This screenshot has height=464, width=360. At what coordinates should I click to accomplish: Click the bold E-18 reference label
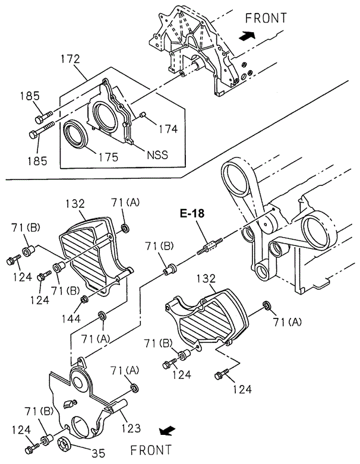coord(192,213)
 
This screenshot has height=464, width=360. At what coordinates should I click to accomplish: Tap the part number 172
coord(71,59)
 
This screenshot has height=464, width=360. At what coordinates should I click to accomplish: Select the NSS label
coord(157,154)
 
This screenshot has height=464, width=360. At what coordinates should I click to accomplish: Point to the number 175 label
coord(109,156)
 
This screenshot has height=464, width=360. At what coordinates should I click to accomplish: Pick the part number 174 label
coord(168,129)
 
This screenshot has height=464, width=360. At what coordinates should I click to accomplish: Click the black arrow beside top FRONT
coord(247,36)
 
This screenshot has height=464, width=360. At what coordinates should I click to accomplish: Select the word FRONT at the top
coord(266,18)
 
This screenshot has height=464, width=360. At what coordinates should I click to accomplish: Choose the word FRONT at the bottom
coord(151,450)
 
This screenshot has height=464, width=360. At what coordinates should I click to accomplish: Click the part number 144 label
coord(71,318)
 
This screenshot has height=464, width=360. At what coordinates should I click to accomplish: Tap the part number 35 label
coord(99,453)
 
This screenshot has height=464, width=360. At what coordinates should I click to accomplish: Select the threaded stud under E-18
coord(210,247)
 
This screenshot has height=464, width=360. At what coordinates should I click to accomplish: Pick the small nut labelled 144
coord(84,299)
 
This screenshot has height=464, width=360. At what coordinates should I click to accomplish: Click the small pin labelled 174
coord(143,114)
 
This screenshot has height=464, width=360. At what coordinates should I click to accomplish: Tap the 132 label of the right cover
coord(207,279)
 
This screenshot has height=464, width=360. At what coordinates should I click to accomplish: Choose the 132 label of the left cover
coord(75,204)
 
